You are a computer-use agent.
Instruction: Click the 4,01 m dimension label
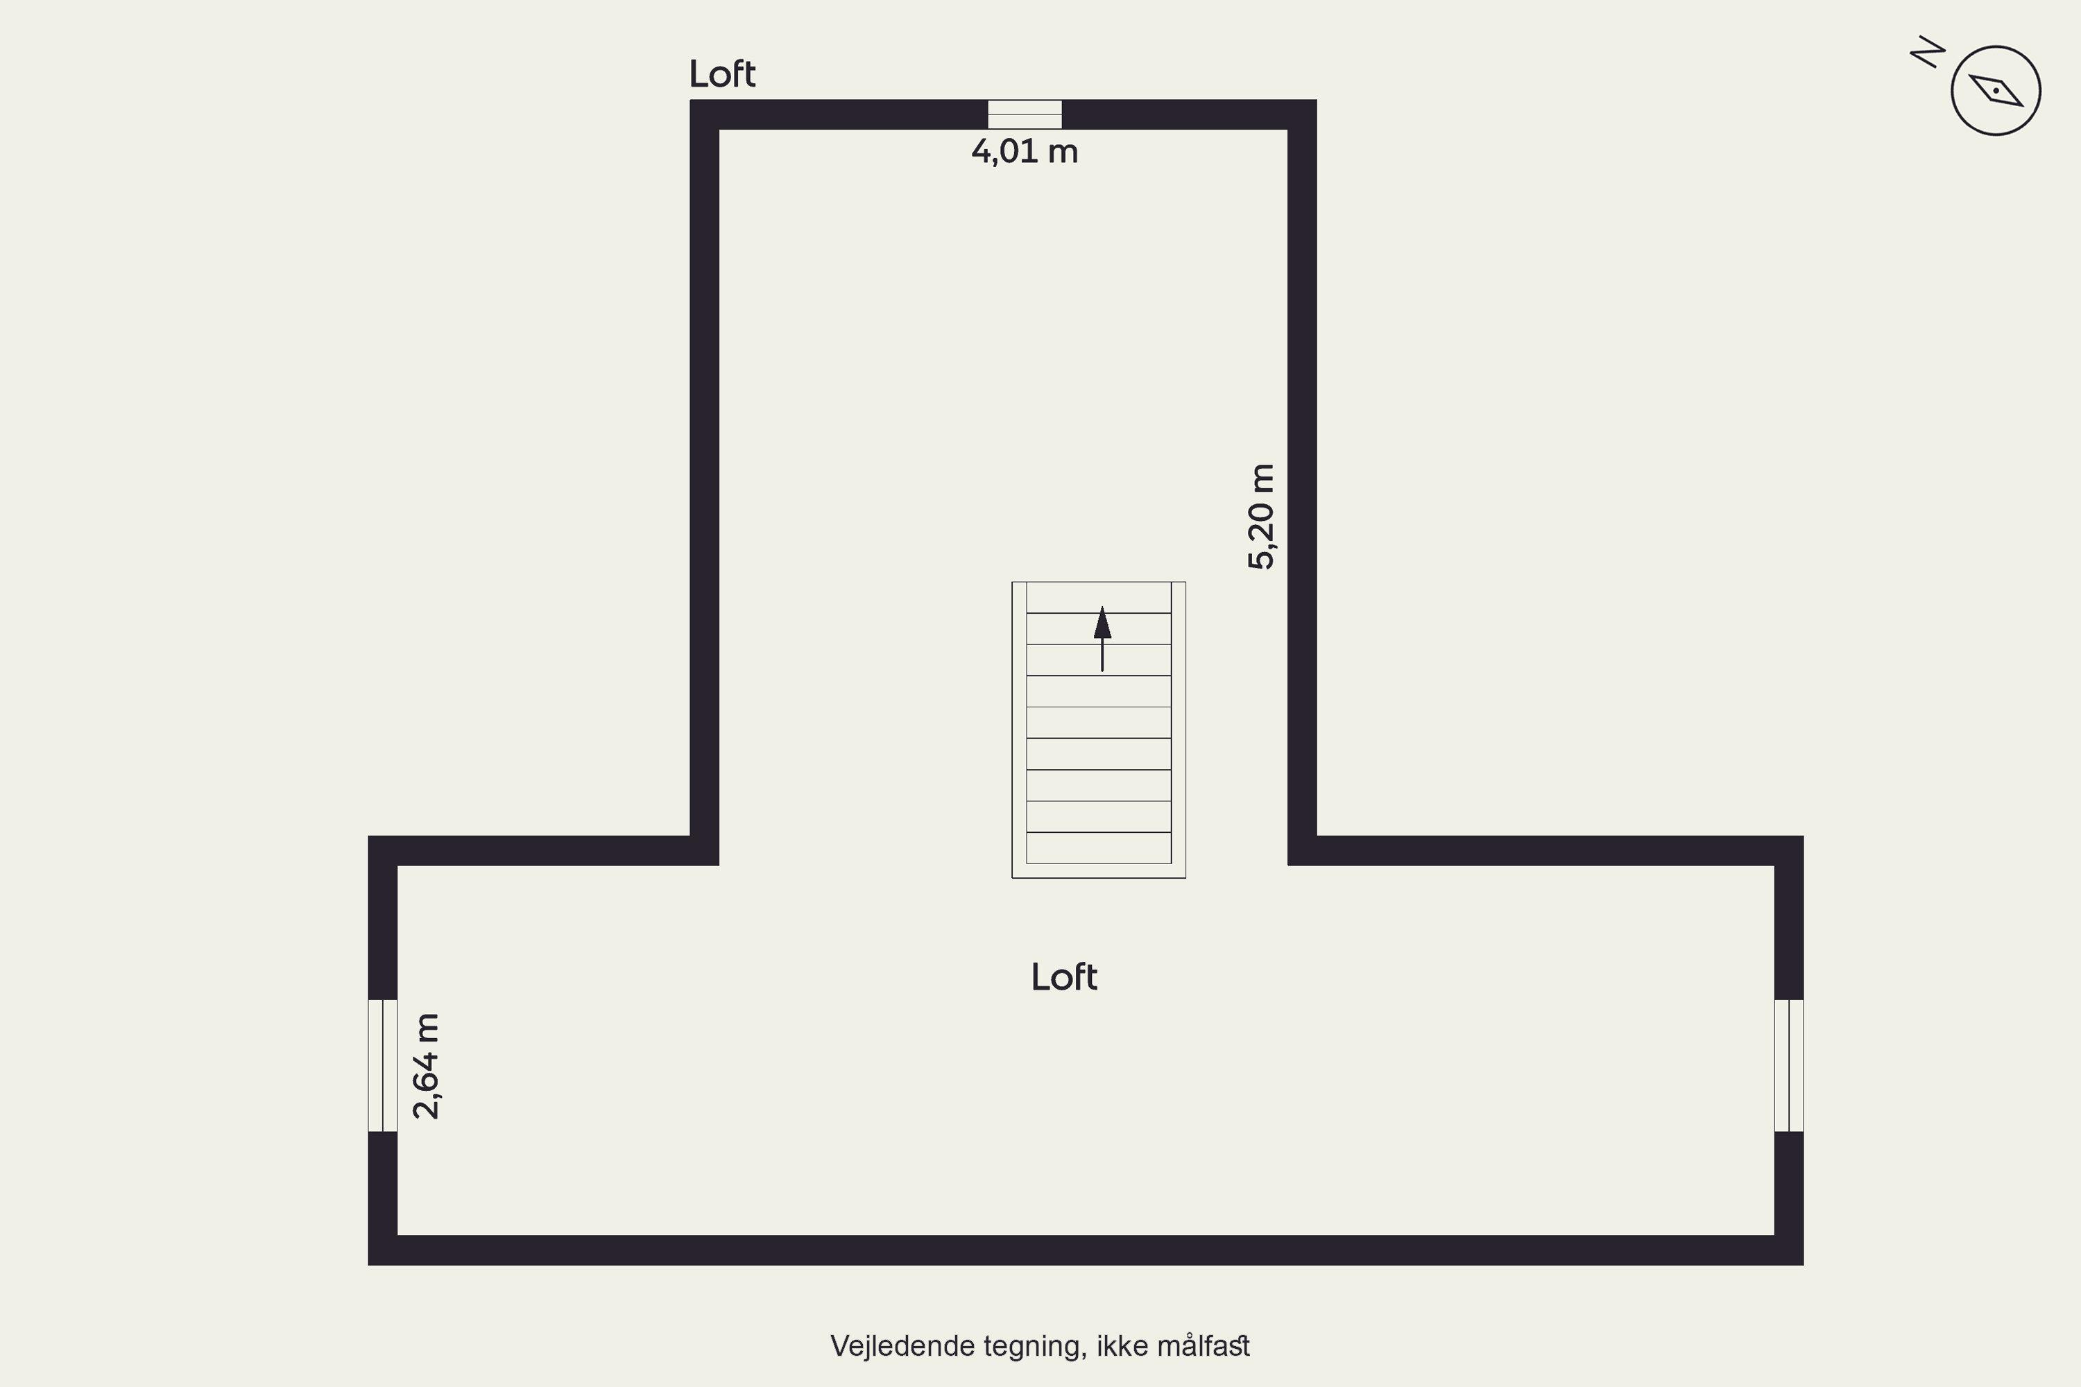[1025, 151]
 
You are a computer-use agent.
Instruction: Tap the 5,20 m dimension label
[1261, 517]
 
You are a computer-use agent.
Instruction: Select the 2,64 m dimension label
[427, 1066]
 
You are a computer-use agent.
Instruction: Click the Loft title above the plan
[722, 74]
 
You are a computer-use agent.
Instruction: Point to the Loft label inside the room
[1064, 977]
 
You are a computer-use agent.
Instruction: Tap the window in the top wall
[1025, 114]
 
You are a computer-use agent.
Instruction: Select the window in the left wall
[382, 1065]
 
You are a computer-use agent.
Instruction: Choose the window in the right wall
[1789, 1065]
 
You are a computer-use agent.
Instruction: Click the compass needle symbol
[1996, 91]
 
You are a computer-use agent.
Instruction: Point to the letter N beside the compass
[1928, 52]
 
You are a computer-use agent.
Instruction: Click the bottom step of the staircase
[1099, 847]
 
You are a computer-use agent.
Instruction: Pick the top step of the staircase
[1099, 597]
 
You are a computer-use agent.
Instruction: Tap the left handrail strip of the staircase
[1019, 730]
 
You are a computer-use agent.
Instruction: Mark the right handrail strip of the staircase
[1179, 730]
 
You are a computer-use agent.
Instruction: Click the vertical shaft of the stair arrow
[1102, 655]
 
